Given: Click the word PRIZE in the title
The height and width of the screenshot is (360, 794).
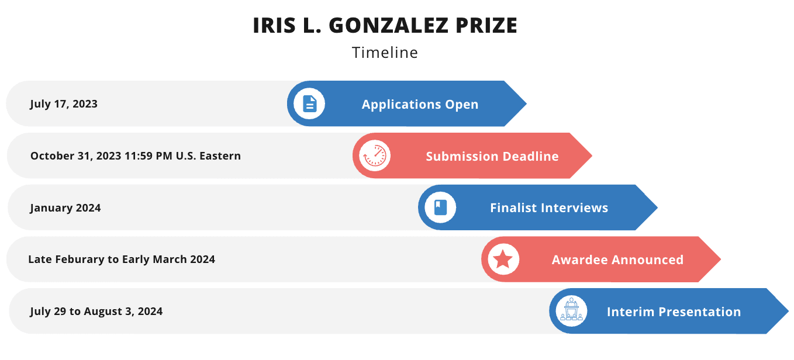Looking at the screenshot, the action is coord(486,26).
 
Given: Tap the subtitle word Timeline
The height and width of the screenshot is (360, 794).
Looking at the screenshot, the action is coord(385,53).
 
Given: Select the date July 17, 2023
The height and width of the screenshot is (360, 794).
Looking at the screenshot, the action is coord(64,104).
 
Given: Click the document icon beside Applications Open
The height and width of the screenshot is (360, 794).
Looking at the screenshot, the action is coord(309,104).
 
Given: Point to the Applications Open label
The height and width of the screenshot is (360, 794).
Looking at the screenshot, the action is coord(420,104).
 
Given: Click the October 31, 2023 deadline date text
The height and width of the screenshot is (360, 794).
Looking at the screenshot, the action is coord(136,155).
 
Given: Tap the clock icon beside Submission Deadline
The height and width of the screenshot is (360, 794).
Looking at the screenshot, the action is coord(375,155).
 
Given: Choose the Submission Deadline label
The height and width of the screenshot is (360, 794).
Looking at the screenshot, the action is coord(492,156).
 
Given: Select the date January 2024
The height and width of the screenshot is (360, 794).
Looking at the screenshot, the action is coord(65,207).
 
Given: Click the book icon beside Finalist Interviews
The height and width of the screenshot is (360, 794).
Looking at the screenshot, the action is coord(441,207).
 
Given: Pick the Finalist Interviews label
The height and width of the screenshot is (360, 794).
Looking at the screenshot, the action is coord(549,207).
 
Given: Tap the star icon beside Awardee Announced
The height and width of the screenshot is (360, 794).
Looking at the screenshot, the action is coord(503,259).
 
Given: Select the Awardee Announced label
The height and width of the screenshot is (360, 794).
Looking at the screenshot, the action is coord(618,259).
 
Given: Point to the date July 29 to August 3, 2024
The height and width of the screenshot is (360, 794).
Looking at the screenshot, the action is coord(96,311).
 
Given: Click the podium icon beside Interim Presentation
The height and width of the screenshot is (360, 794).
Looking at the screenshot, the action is coord(571,309).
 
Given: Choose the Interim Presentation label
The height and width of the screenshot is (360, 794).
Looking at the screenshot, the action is coord(674,312).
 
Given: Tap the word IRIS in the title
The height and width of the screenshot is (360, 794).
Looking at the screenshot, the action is coord(274,26).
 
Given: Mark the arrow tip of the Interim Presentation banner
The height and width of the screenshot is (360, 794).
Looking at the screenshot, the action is coord(788,311).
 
